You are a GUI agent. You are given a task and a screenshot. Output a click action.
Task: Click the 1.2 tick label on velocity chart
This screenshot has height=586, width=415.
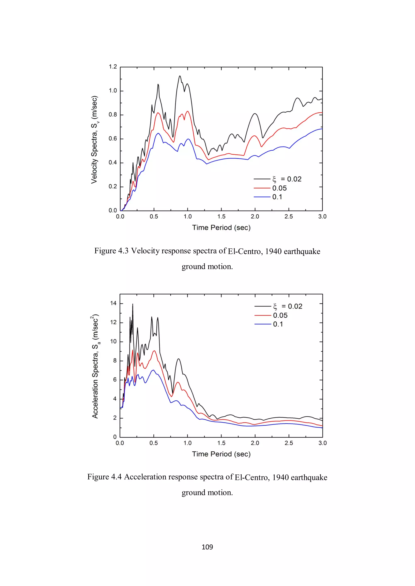coord(113,67)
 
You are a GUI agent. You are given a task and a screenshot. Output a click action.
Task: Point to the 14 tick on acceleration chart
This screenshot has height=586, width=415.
coord(113,303)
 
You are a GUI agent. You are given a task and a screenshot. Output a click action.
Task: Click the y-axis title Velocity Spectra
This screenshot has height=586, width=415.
coord(94,140)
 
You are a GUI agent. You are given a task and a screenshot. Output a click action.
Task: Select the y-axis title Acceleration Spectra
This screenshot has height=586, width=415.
coord(95,366)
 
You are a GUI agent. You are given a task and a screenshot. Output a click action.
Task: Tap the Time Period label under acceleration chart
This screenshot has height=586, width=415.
coord(221,454)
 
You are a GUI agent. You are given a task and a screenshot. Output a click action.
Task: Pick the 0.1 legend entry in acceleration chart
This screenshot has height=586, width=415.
coord(278,324)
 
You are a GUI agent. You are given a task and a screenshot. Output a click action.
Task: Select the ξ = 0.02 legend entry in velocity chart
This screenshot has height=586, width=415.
coord(287,179)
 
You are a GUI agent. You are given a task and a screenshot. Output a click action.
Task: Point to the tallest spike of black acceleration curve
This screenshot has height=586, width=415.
coord(133,304)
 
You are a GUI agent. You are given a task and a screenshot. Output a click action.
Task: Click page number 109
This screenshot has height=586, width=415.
coord(207,547)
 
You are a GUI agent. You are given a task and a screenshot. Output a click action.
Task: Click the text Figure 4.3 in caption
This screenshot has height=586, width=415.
coord(111,251)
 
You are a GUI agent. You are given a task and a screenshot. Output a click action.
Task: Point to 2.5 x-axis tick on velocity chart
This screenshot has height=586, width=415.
coord(289,216)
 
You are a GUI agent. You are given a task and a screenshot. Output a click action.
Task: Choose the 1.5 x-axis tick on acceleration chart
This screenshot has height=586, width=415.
coord(221,443)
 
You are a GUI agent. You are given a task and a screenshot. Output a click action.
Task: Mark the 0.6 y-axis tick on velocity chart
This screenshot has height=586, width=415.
coord(113,139)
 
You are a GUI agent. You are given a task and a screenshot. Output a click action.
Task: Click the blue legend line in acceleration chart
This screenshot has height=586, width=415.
coord(262,324)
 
